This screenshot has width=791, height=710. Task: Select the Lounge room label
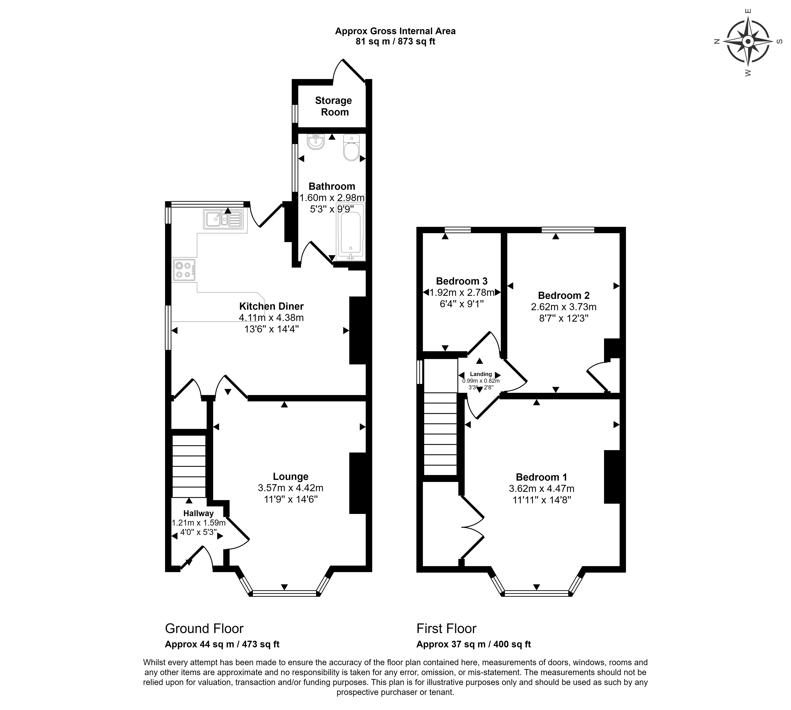click(291, 476)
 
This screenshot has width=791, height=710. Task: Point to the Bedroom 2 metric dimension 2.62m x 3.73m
click(563, 307)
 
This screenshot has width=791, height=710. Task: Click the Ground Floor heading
click(204, 628)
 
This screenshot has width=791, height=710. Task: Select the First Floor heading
click(446, 628)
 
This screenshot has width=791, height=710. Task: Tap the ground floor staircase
click(189, 466)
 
